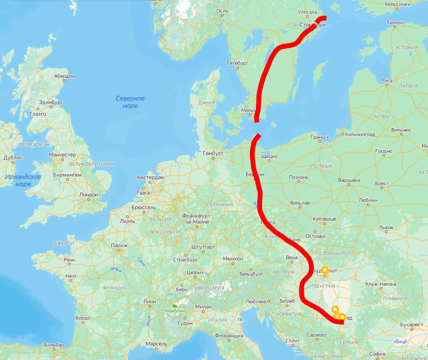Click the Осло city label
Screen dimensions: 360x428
point(222,11)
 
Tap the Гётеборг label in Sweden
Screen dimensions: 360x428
point(237,63)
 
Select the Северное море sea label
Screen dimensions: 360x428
point(130,102)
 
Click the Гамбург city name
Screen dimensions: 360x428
point(212,153)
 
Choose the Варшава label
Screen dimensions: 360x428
point(348,180)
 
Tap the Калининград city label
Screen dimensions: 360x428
point(360,134)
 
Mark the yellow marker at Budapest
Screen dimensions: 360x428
point(325,270)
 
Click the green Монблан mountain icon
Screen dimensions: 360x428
point(175,305)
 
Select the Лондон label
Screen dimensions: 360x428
point(88,195)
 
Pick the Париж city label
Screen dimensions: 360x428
point(118,245)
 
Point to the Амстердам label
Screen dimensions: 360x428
point(151,177)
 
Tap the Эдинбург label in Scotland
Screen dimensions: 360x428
point(51,102)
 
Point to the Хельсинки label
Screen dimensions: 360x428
point(397,4)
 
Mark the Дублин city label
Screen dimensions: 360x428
point(13,158)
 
